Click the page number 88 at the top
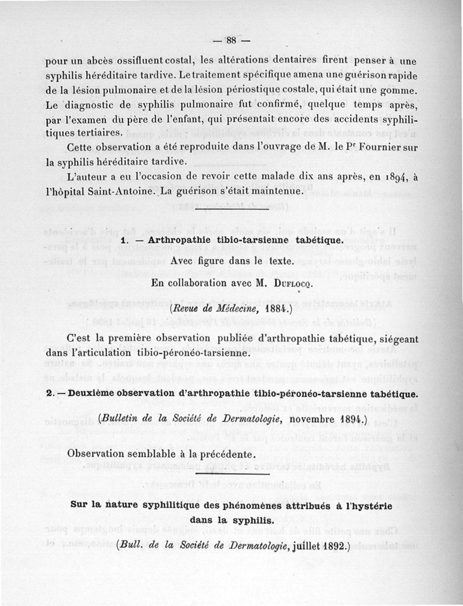pyautogui.click(x=231, y=41)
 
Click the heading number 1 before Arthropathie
pyautogui.click(x=124, y=240)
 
